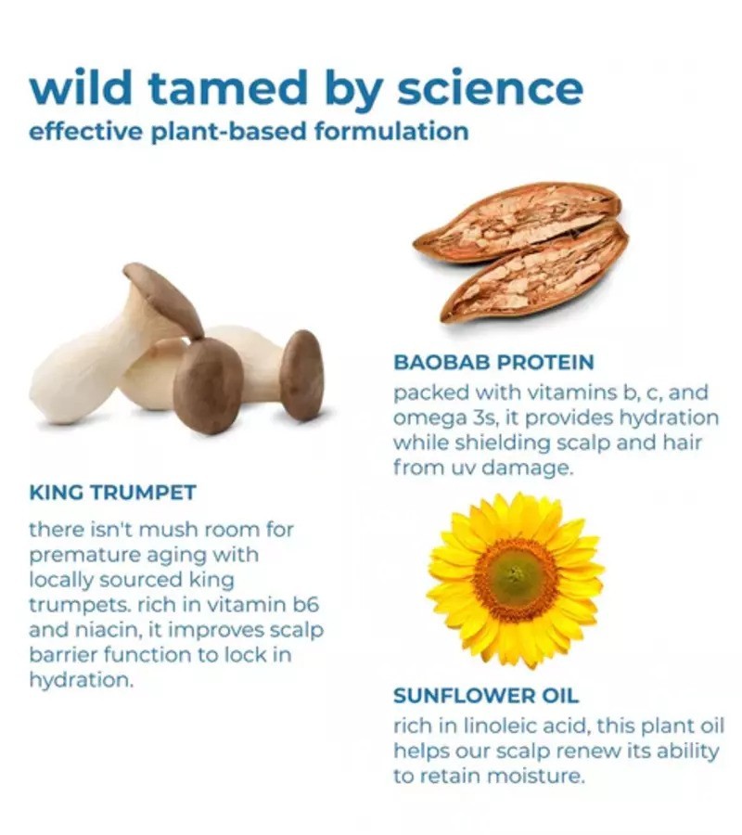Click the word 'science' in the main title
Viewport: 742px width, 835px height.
pyautogui.click(x=490, y=88)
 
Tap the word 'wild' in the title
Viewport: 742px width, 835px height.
pyautogui.click(x=81, y=87)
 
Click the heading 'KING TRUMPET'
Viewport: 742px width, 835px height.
pyautogui.click(x=113, y=492)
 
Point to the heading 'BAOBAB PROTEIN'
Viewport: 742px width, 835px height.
pyautogui.click(x=493, y=362)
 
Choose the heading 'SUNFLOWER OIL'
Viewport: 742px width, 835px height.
pyautogui.click(x=485, y=696)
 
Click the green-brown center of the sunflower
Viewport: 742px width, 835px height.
pyautogui.click(x=513, y=575)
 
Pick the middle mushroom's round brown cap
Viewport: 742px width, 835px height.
pyautogui.click(x=209, y=386)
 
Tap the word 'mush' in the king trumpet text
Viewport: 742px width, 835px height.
pyautogui.click(x=168, y=530)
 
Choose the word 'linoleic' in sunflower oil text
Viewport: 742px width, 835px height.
pyautogui.click(x=510, y=726)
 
